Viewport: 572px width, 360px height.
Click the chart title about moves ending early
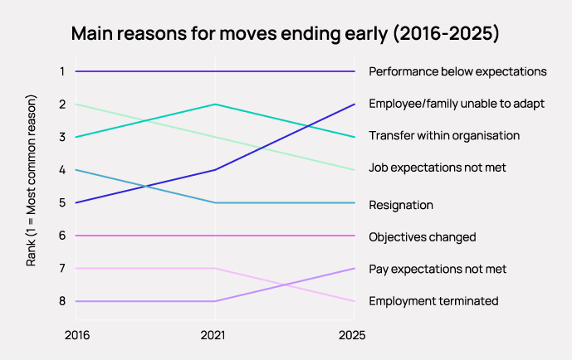coord(285,34)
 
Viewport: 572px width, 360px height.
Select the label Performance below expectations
coord(457,71)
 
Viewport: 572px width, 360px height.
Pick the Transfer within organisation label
coord(444,135)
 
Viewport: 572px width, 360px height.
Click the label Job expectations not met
coord(438,168)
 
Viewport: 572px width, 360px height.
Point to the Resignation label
coord(401,204)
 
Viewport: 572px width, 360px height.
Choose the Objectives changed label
coord(422,236)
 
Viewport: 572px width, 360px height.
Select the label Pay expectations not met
coord(438,269)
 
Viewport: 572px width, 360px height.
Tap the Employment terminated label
coord(433,301)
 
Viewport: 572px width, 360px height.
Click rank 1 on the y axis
coord(61,71)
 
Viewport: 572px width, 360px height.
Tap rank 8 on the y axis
coord(61,301)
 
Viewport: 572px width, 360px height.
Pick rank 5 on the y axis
coord(61,202)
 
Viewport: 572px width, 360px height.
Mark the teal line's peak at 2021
coord(215,105)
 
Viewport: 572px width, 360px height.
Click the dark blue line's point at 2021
coord(215,170)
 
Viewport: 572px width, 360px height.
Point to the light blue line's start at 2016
coord(76,170)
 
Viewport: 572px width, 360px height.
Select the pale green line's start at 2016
coord(76,105)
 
